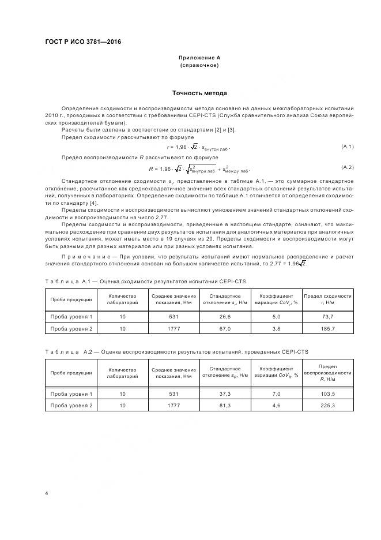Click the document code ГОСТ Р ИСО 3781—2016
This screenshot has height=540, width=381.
pyautogui.click(x=82, y=42)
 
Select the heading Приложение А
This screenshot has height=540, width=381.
pyautogui.click(x=199, y=58)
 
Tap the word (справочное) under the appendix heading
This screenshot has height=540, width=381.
pyautogui.click(x=199, y=66)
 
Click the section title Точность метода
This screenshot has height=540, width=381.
pyautogui.click(x=199, y=93)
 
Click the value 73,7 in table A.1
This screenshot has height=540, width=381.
pyautogui.click(x=328, y=317)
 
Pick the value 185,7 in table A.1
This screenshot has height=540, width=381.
pyautogui.click(x=328, y=328)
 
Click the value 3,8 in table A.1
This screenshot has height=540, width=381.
pyautogui.click(x=276, y=328)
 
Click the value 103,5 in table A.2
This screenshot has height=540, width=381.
pyautogui.click(x=328, y=393)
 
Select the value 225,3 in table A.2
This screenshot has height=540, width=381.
pyautogui.click(x=328, y=406)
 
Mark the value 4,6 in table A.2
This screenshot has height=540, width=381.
pyautogui.click(x=276, y=406)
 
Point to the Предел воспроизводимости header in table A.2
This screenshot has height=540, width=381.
pyautogui.click(x=328, y=373)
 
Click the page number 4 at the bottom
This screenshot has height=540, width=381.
pyautogui.click(x=46, y=493)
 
